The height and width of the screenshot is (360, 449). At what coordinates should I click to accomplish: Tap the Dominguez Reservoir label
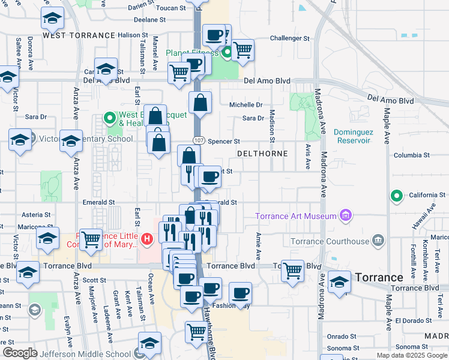tap(352, 136)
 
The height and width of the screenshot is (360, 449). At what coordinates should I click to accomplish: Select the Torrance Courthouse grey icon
tap(378, 241)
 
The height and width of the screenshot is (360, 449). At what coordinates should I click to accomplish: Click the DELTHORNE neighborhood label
tap(262, 154)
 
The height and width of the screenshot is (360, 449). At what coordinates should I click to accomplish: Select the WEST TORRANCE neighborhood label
tap(79, 35)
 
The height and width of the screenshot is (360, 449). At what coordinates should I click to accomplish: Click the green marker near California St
tap(396, 196)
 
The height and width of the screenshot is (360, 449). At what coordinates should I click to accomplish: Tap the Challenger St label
tap(289, 38)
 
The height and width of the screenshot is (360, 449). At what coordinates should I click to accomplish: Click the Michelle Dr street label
tap(246, 105)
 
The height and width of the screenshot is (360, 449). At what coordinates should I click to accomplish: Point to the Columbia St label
tap(411, 155)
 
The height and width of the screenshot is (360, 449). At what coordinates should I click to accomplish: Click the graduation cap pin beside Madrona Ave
tap(339, 283)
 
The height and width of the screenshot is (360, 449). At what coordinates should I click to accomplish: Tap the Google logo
tap(20, 353)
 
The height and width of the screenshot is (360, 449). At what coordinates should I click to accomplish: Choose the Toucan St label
tap(170, 8)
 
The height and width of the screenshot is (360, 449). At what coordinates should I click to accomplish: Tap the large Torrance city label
tap(379, 277)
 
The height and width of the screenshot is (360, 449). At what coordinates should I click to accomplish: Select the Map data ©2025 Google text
tap(411, 355)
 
